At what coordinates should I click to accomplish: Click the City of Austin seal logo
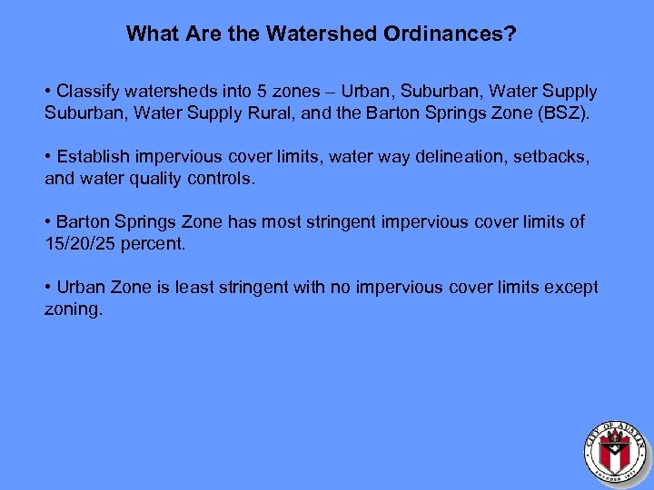[615, 449]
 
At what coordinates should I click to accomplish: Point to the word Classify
[89, 92]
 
